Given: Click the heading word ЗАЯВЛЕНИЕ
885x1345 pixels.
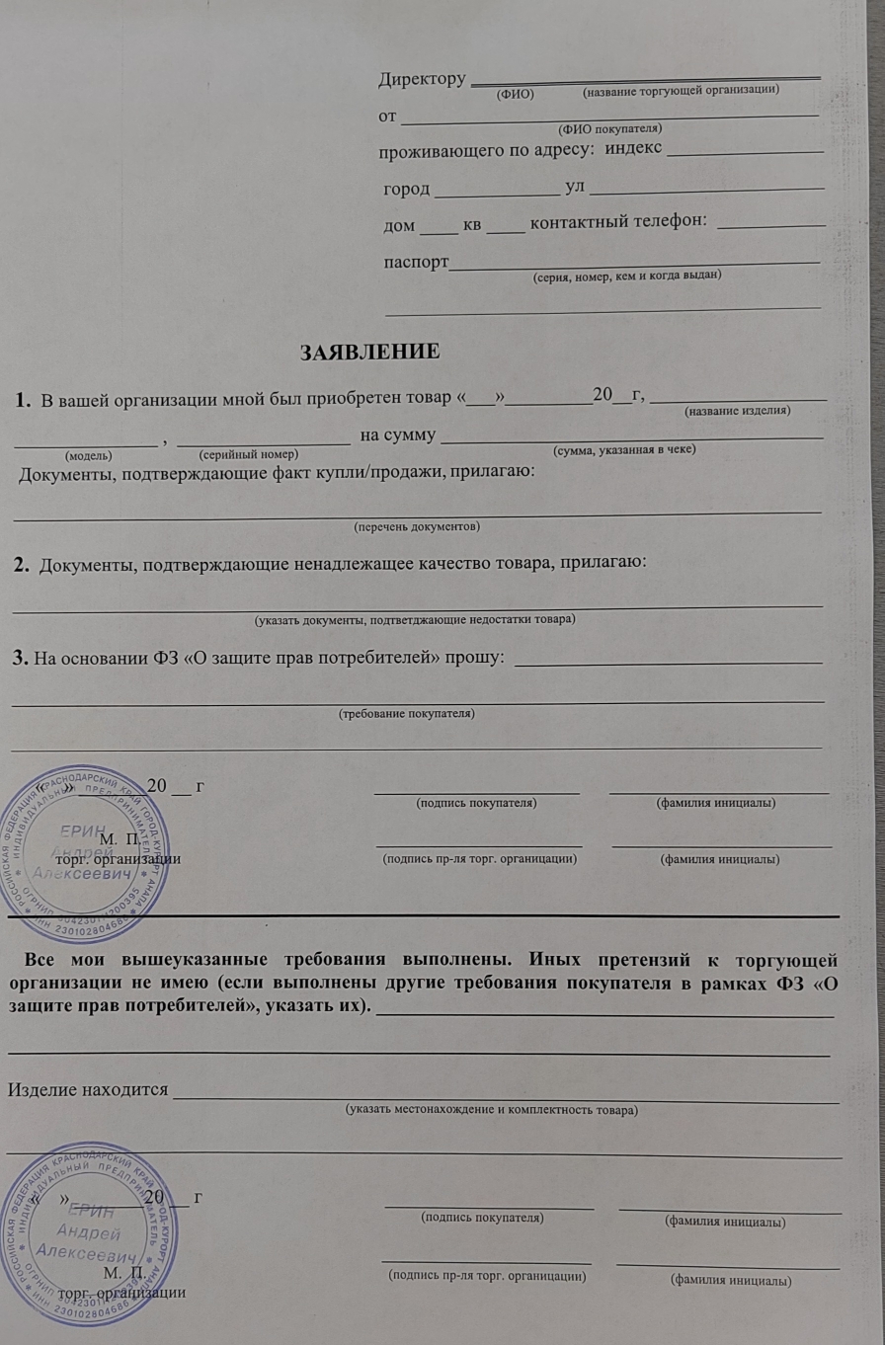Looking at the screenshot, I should pos(368,351).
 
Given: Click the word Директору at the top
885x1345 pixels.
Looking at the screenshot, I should pos(422,79).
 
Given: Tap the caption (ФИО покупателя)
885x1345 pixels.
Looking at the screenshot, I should pos(609,129).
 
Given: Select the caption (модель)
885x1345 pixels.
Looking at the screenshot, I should pos(88,455).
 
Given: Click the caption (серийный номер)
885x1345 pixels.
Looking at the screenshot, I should pos(248,455).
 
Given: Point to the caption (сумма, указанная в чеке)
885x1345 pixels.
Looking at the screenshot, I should pos(625,449).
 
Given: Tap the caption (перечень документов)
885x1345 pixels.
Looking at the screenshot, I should pos(417,526).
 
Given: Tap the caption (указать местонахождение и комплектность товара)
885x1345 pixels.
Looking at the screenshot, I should pos(491,1109).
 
